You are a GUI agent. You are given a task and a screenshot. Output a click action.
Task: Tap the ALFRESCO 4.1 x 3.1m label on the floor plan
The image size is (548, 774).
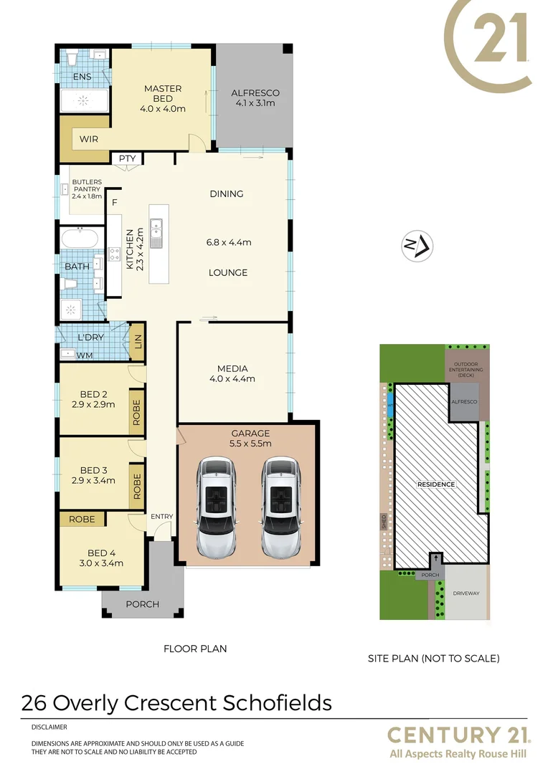255,93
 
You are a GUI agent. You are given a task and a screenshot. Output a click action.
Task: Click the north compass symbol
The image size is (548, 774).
415,246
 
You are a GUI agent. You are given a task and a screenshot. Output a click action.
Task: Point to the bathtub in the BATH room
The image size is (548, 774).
81,238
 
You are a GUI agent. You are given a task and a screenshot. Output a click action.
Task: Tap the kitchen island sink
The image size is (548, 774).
157,233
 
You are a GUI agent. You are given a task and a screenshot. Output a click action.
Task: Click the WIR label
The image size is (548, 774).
89,139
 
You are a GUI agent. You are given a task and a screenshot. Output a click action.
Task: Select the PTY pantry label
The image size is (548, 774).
127,158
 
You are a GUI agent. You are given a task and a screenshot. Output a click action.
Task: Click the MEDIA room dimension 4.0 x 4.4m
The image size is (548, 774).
232,379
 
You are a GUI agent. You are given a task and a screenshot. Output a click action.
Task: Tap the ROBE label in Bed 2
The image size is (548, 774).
136,412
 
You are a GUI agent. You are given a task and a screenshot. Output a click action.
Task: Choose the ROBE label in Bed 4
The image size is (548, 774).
82,519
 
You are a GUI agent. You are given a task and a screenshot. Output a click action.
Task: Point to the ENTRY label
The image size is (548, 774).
161,516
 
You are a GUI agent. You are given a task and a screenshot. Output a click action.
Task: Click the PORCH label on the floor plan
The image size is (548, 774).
142,604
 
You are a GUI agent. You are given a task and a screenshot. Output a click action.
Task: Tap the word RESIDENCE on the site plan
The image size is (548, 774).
436,484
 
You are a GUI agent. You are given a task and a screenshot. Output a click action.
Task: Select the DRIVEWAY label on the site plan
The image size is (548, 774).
466,593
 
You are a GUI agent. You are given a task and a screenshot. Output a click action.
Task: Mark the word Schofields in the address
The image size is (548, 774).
278,702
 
